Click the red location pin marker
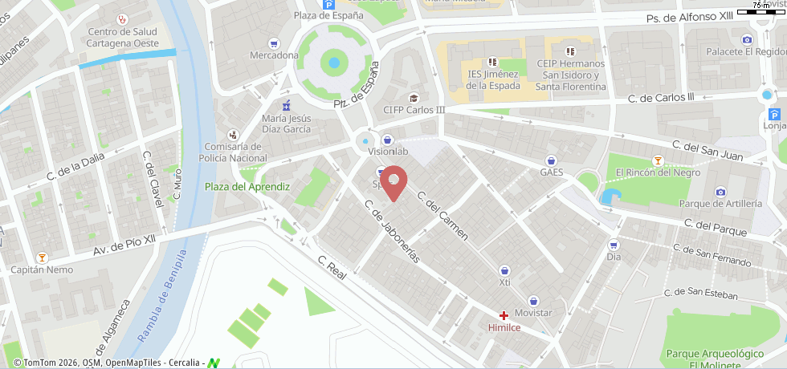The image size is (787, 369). pos(393,182)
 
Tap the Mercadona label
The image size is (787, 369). pos(274,55)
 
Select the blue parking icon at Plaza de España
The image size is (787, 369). pos(328,4)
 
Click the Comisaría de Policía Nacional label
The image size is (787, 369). pos(233,152)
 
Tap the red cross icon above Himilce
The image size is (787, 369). pos(504,316)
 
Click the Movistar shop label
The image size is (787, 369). pos(533,312)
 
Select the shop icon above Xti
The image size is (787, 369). pos(504,271)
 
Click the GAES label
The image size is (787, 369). pos(551,172)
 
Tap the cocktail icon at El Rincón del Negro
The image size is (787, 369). pos(658,160)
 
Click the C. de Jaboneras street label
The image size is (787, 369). pos(392,231)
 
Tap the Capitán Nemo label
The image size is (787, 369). pos(42,270)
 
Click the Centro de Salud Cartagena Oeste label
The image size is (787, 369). pos(122,37)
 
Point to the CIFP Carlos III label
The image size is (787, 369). pos(414,110)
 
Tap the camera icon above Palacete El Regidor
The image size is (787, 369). pos(747,39)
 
